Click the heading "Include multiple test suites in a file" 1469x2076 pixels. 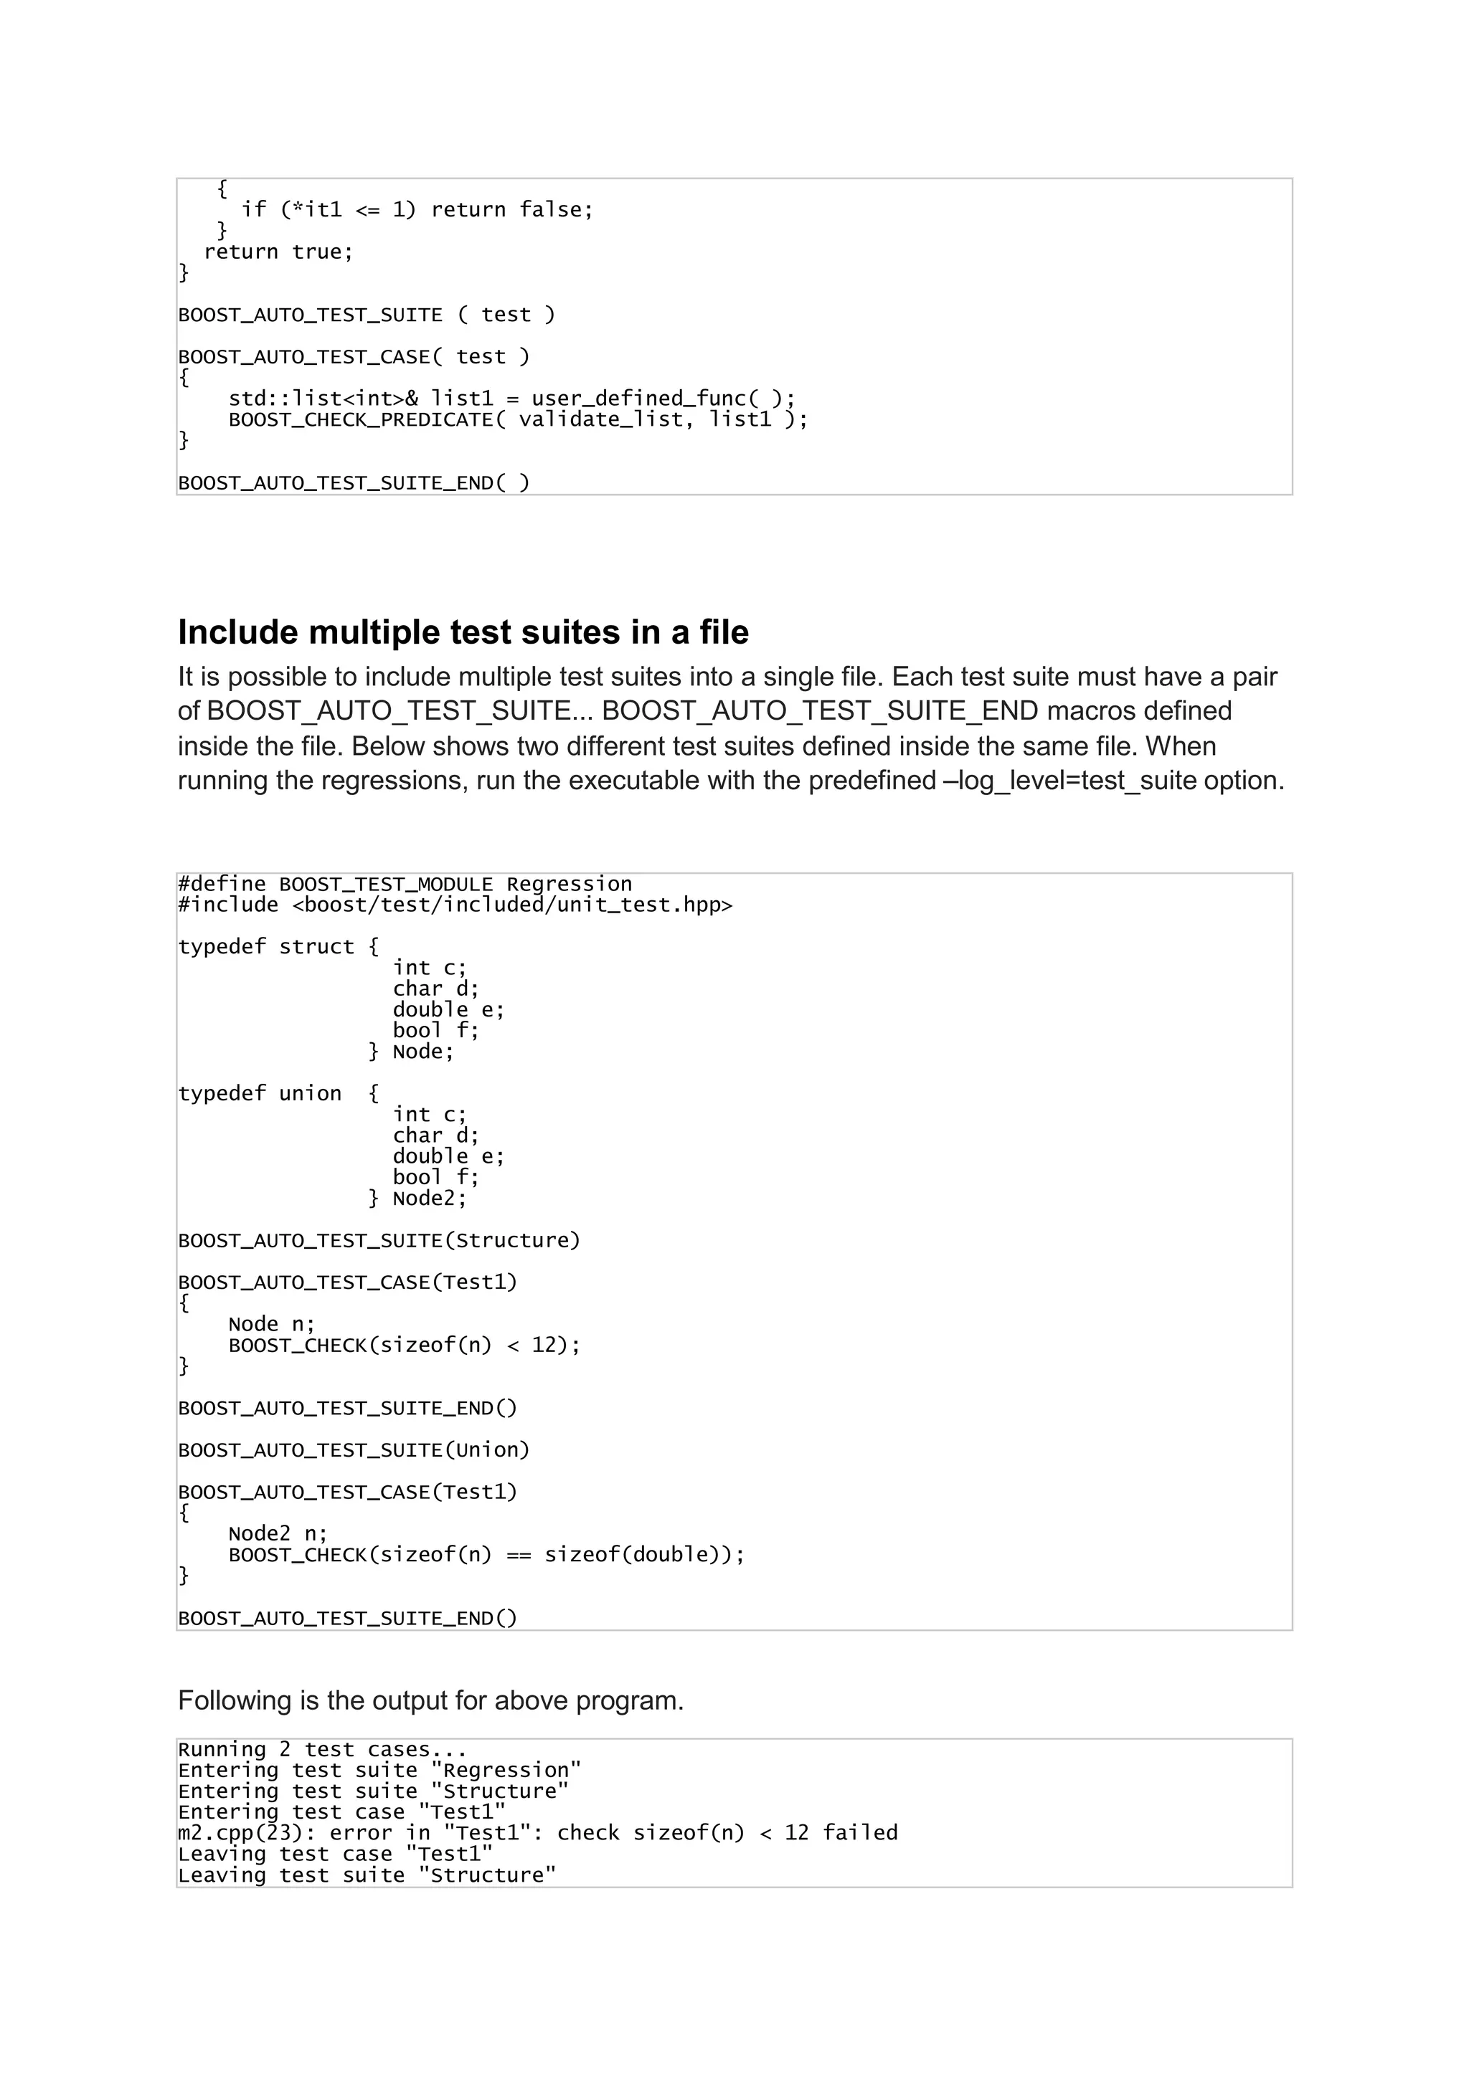click(x=463, y=633)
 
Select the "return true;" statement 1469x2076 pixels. click(x=278, y=252)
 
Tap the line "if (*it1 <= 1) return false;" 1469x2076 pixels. click(x=417, y=210)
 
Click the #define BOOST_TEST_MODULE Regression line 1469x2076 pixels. click(x=405, y=885)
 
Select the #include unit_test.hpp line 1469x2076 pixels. click(x=455, y=905)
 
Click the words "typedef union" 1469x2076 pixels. click(x=260, y=1094)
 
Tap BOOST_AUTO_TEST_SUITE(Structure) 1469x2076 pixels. click(x=379, y=1241)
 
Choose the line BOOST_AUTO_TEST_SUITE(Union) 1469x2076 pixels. click(x=354, y=1450)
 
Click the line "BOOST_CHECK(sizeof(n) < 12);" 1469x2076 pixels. click(x=405, y=1346)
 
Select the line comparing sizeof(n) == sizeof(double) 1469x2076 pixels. click(x=486, y=1555)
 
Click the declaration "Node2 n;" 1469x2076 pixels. click(x=278, y=1534)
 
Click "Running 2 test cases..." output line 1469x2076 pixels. click(x=322, y=1751)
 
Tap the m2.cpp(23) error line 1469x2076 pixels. click(x=537, y=1834)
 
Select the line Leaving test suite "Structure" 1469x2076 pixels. click(x=367, y=1876)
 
